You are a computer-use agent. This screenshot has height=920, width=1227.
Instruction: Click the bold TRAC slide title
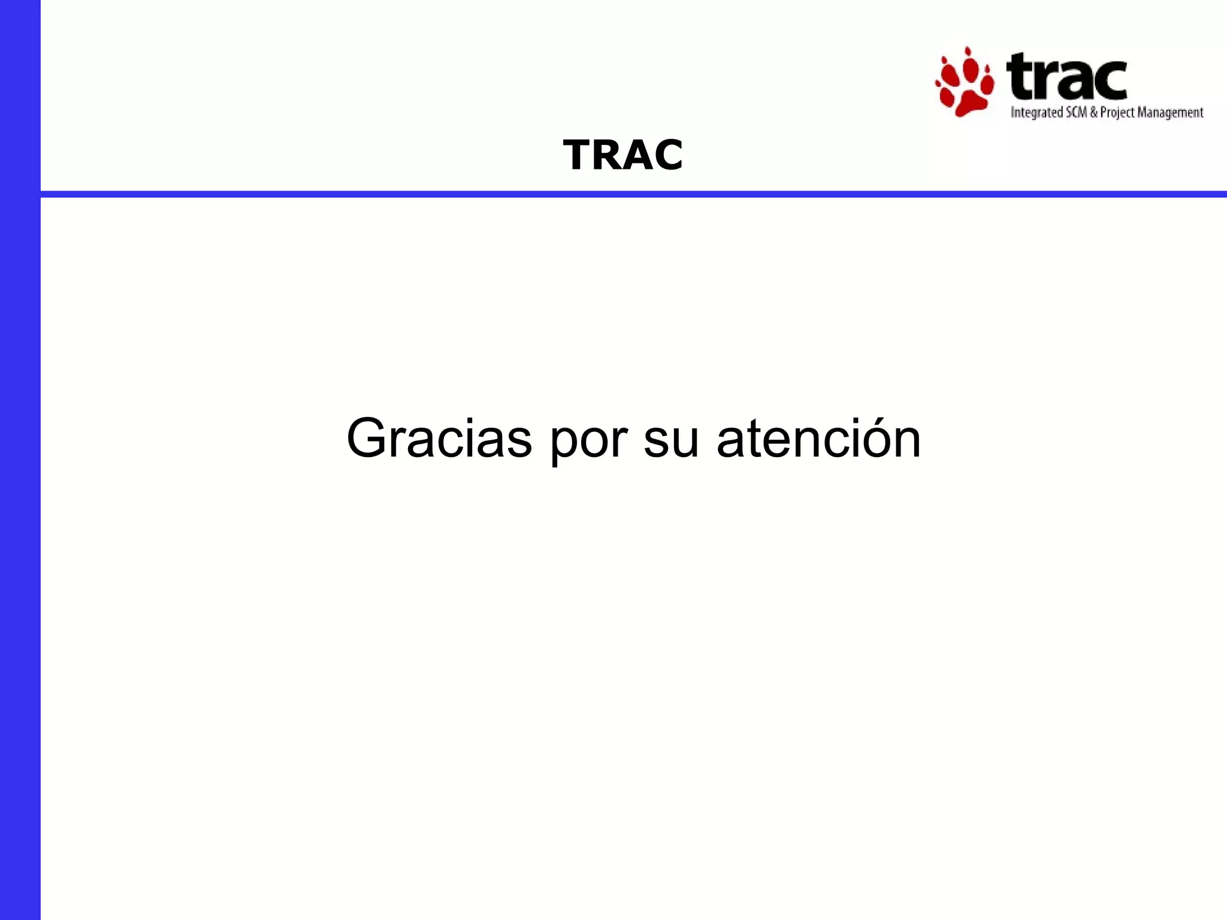coord(622,155)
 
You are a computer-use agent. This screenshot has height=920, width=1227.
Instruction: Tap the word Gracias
coord(439,438)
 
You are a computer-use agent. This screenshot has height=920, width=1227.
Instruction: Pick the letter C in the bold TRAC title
coord(667,155)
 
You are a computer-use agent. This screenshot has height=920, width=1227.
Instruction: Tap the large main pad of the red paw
coord(967,100)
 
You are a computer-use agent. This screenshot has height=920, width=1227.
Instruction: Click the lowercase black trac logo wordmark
coord(1067,78)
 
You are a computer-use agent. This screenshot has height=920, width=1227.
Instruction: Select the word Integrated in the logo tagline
coord(1036,113)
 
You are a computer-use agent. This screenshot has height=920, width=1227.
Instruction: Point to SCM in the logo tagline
coord(1076,112)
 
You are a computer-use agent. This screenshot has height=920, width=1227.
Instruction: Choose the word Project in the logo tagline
coord(1117,113)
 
